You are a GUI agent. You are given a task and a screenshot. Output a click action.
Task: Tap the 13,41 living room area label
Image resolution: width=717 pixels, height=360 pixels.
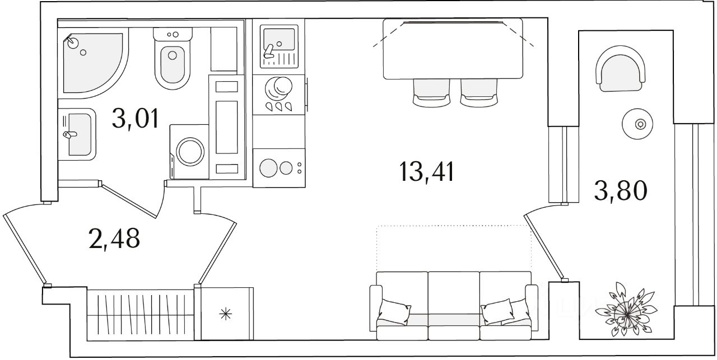tap(427, 172)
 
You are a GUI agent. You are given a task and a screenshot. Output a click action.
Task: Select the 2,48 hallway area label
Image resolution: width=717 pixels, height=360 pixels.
tap(114, 239)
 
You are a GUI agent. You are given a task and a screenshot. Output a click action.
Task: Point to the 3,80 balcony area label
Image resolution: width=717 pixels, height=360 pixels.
tap(621, 191)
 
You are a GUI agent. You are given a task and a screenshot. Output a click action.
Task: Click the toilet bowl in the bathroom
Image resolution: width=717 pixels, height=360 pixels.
tap(173, 59)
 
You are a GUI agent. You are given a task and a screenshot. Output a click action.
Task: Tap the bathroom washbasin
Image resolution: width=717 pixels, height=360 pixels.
tap(77, 134)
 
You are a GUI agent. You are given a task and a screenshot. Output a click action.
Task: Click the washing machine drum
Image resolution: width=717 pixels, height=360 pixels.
tap(190, 152)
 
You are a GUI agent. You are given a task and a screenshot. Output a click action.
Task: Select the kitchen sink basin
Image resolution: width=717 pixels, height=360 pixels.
tap(278, 39)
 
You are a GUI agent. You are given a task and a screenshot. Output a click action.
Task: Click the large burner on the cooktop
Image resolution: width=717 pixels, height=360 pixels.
tap(268, 168)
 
